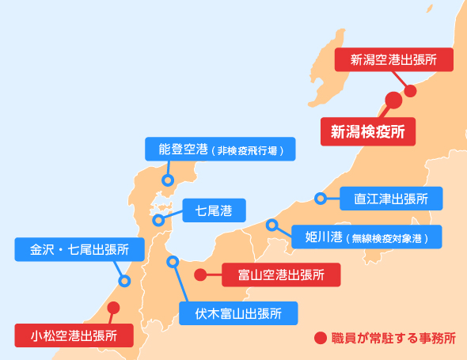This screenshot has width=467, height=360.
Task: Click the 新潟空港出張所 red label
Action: (394, 59)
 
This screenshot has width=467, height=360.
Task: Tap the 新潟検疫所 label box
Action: (368, 131)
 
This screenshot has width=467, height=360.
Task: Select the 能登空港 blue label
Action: (220, 149)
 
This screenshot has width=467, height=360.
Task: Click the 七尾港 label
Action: (215, 210)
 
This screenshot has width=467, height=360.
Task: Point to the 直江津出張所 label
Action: (391, 199)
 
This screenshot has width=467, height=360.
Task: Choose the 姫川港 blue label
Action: (366, 237)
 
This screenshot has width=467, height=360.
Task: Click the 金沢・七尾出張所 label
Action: (79, 249)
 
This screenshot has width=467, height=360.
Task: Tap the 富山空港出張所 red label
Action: (281, 275)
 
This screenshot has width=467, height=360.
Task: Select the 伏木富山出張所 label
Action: (238, 313)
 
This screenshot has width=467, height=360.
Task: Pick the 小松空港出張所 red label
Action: (74, 335)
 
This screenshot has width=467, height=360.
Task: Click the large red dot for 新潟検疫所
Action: (393, 100)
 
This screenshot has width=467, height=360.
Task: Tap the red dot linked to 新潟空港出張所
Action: (411, 91)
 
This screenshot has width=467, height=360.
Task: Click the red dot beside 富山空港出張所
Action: (200, 275)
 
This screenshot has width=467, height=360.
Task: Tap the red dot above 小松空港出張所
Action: (113, 308)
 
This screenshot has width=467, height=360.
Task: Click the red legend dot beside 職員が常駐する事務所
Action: (321, 338)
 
